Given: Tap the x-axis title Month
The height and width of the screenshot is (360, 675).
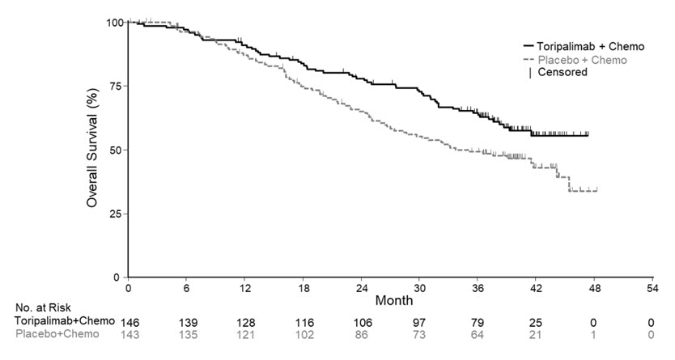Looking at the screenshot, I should [393, 299].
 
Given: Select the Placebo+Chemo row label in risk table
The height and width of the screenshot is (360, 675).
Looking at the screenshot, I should [58, 334].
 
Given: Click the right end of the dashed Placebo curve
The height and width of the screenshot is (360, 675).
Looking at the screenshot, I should [597, 191].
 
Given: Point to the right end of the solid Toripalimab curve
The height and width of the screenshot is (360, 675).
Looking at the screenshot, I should [588, 135].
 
